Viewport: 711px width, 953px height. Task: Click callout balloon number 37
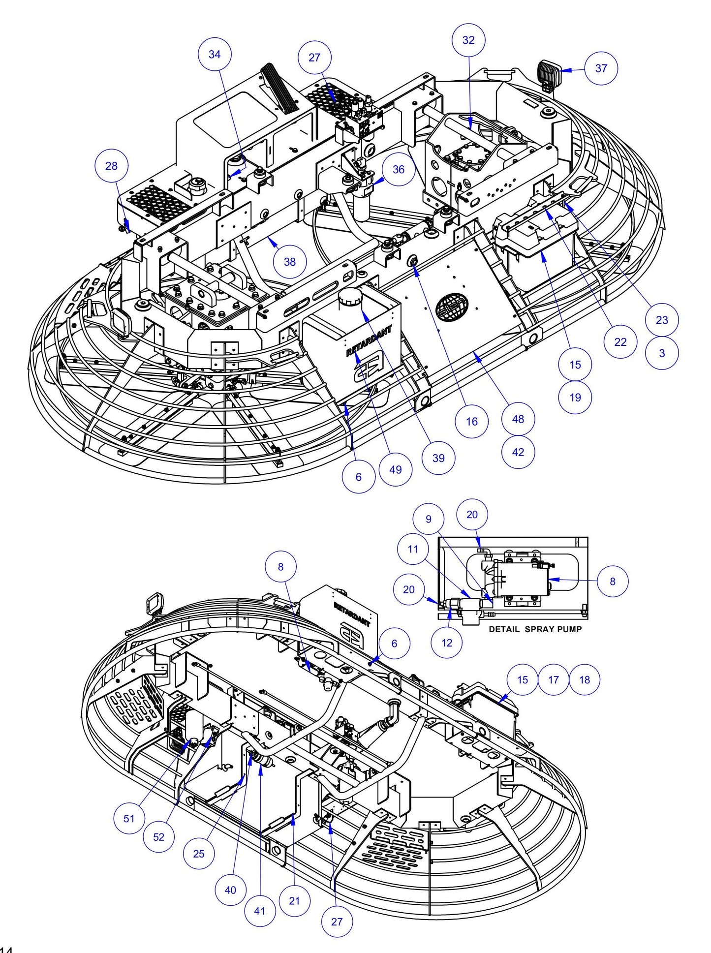(601, 68)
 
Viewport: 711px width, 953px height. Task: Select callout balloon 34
(215, 55)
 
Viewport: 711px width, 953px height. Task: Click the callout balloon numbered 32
(468, 40)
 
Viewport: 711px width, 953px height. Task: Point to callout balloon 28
(112, 166)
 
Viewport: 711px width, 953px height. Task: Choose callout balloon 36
(398, 170)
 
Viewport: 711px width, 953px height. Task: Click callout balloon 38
(290, 262)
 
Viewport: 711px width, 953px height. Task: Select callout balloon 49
(396, 469)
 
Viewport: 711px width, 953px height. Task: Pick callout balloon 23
(662, 320)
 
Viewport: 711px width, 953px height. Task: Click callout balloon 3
(662, 353)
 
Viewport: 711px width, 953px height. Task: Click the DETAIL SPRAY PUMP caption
(535, 629)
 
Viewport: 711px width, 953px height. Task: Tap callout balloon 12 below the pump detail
(447, 643)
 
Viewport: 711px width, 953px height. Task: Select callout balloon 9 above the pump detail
(428, 519)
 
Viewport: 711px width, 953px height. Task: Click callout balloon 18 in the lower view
(585, 679)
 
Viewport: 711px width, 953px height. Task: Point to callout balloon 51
(129, 819)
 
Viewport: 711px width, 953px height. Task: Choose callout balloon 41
(260, 910)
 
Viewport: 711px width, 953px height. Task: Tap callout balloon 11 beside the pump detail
(413, 549)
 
